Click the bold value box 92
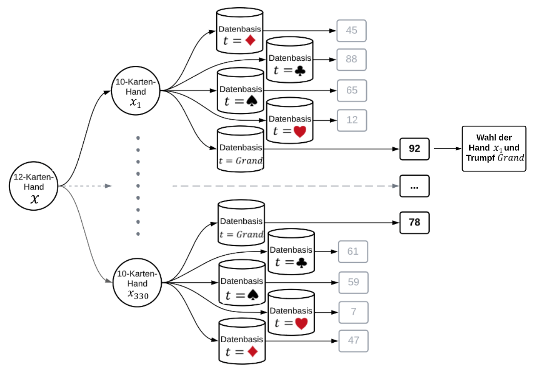pyautogui.click(x=414, y=149)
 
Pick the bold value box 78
pyautogui.click(x=414, y=222)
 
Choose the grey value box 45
pyautogui.click(x=351, y=31)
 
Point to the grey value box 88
pyautogui.click(x=351, y=59)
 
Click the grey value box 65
pyautogui.click(x=351, y=90)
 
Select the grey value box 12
pyautogui.click(x=352, y=120)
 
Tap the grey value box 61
pyautogui.click(x=353, y=251)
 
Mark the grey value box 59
pyautogui.click(x=353, y=282)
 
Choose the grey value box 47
pyautogui.click(x=353, y=341)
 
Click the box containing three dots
pyautogui.click(x=414, y=186)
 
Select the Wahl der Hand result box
pyautogui.click(x=494, y=148)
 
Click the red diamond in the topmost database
pyautogui.click(x=251, y=40)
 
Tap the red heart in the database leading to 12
pyautogui.click(x=300, y=131)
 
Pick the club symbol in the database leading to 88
pyautogui.click(x=299, y=70)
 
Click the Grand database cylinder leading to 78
pyautogui.click(x=241, y=223)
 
